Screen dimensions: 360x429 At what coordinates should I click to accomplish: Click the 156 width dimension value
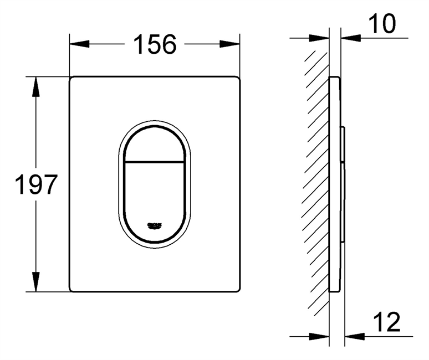click(154, 44)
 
